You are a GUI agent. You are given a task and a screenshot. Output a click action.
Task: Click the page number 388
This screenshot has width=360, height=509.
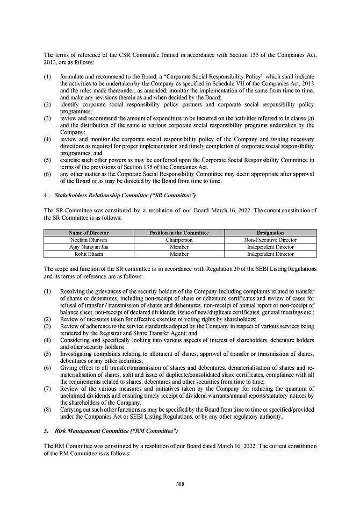click(x=180, y=484)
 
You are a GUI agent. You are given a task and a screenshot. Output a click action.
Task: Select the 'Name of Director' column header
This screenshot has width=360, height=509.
click(x=89, y=233)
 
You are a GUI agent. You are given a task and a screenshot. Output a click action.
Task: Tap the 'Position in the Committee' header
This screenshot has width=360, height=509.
click(x=179, y=233)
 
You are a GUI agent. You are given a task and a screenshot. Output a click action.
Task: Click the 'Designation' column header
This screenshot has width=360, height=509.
click(x=270, y=233)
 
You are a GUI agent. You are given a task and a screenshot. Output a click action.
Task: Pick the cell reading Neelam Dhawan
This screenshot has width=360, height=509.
click(x=89, y=240)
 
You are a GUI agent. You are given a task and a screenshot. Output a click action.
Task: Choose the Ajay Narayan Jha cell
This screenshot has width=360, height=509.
click(x=89, y=247)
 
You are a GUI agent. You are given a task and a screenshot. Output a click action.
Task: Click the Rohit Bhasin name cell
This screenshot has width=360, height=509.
click(x=89, y=254)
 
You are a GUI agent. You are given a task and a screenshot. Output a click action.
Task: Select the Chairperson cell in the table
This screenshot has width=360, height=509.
click(x=179, y=240)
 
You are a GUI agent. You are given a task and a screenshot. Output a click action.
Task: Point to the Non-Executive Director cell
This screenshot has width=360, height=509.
click(x=270, y=240)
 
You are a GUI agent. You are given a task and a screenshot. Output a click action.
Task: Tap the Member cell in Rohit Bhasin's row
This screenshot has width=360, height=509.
click(x=179, y=254)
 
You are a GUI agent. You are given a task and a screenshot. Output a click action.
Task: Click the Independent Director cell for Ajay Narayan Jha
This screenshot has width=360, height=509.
click(x=270, y=247)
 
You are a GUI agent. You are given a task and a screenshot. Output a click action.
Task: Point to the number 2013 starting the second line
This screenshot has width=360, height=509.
click(x=49, y=62)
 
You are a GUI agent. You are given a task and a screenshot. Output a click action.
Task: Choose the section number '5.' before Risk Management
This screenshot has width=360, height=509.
click(x=46, y=432)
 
